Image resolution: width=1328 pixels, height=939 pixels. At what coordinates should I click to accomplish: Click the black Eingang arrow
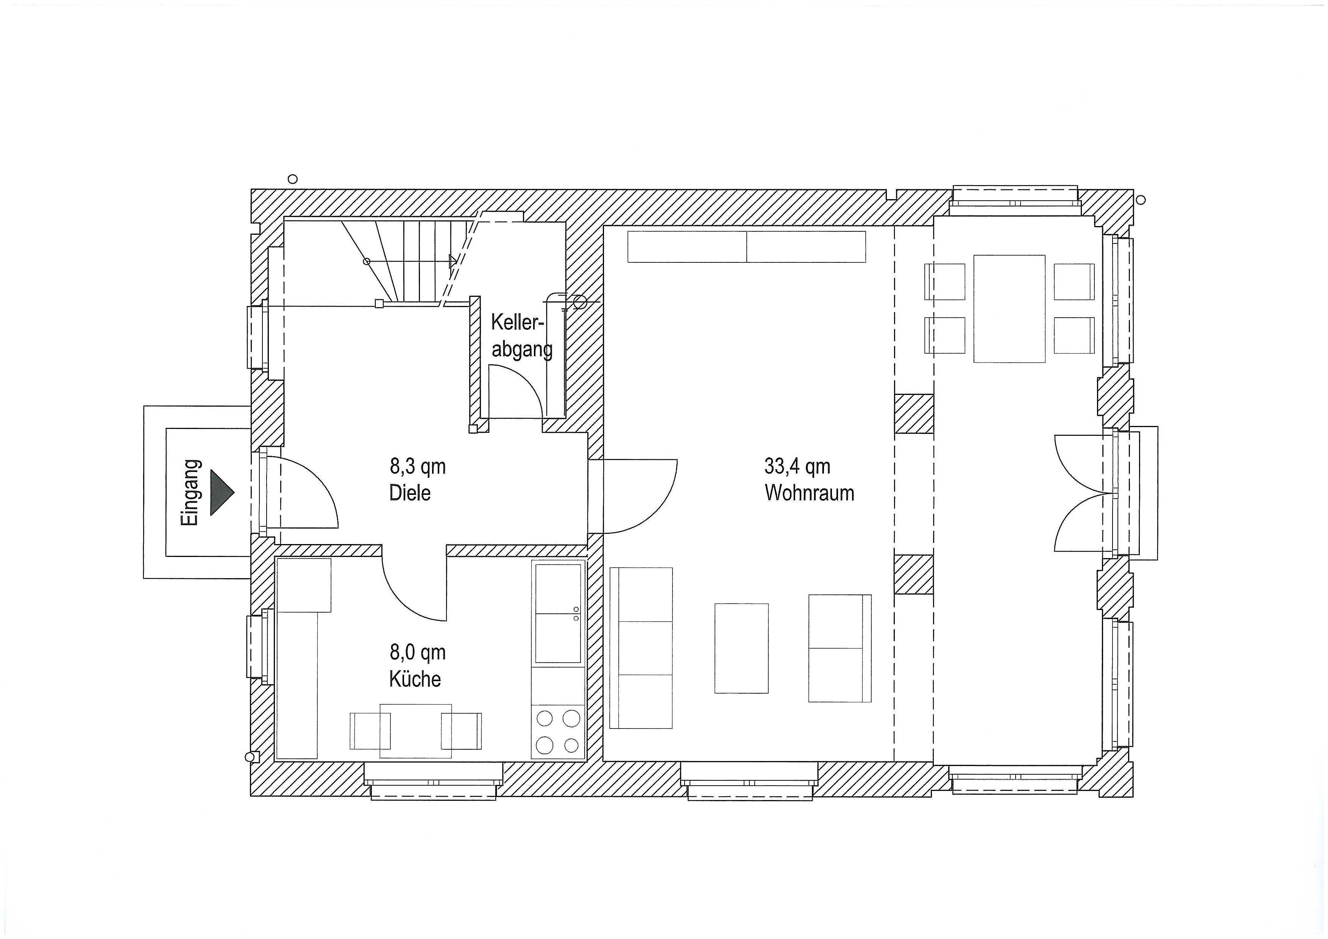click(221, 493)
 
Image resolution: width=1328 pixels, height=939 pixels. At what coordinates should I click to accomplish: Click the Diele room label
click(410, 493)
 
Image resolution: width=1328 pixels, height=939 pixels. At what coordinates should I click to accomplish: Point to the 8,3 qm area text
click(418, 466)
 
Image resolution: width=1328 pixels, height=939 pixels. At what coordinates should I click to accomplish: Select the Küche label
click(415, 679)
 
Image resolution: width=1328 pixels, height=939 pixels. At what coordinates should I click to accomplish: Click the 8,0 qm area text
click(418, 652)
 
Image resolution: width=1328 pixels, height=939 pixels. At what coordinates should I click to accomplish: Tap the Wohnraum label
click(809, 493)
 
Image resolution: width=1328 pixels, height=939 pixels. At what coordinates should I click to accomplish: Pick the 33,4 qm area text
click(797, 466)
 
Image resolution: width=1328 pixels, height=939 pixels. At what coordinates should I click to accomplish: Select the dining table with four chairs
click(1009, 309)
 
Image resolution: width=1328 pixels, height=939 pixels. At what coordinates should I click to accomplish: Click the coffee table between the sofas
click(741, 648)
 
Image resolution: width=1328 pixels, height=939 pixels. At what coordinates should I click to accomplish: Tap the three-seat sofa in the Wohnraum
click(641, 648)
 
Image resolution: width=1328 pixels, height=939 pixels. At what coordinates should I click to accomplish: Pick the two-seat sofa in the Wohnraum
click(840, 648)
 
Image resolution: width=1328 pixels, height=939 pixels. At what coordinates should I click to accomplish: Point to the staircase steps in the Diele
click(405, 261)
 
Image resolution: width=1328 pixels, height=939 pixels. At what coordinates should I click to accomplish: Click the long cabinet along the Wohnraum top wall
click(747, 247)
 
